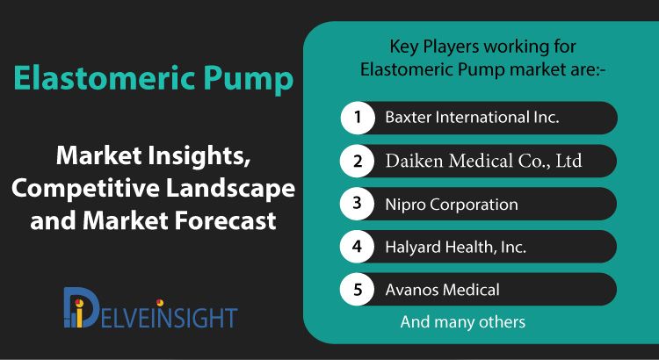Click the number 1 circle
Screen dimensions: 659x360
coord(358,117)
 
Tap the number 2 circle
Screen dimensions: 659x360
coord(358,161)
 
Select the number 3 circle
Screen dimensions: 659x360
coord(358,204)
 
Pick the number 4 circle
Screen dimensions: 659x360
coord(358,247)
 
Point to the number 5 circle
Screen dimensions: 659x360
coord(358,290)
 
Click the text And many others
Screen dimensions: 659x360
coord(463,322)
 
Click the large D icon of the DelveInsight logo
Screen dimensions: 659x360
coord(81,307)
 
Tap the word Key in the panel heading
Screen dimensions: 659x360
coord(404,47)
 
